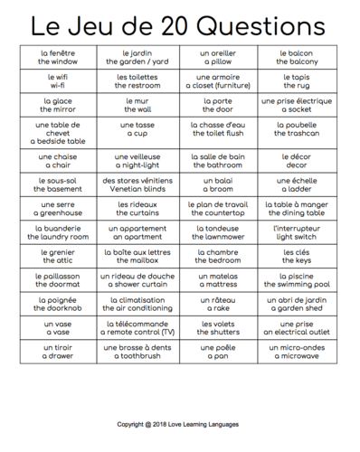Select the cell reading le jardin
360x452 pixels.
137,59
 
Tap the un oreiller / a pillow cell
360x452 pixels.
217,59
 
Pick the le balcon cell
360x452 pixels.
296,59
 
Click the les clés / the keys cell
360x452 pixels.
296,257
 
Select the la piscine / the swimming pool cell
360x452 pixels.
296,280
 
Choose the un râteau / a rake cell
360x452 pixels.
217,304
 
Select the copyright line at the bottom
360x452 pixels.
180,423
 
